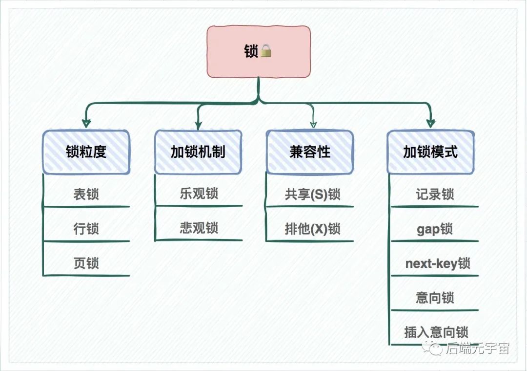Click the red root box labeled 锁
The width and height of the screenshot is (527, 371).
click(259, 51)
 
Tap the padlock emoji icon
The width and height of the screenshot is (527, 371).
click(266, 51)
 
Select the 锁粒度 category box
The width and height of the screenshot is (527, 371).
click(86, 152)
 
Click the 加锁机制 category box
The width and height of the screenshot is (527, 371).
click(198, 152)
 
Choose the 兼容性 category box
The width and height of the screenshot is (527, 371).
click(310, 152)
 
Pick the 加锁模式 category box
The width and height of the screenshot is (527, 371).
click(430, 152)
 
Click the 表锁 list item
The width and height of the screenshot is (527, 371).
click(86, 194)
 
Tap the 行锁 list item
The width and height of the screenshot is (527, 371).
click(86, 228)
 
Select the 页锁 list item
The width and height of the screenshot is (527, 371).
click(86, 263)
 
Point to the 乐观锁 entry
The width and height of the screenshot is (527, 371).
click(199, 194)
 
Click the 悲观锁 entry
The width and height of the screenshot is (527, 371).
click(199, 228)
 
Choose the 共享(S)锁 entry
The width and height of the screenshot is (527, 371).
click(312, 194)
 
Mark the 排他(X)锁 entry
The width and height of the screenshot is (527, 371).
click(312, 228)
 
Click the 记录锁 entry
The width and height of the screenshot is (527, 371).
click(435, 194)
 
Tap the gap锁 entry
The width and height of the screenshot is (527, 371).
click(435, 229)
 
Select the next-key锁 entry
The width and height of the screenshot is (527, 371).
click(438, 263)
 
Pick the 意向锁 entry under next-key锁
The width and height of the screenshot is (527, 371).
click(435, 298)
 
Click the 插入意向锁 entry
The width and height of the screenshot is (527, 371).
click(436, 332)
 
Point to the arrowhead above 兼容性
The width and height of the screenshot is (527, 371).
click(313, 124)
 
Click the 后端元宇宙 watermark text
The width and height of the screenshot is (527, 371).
click(478, 349)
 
